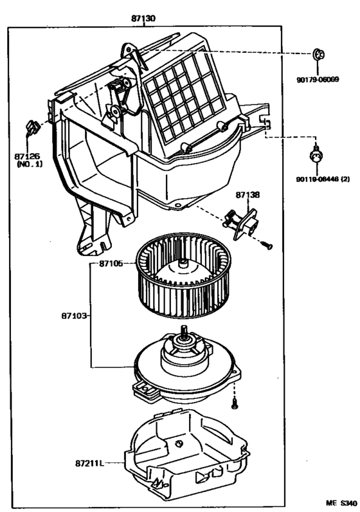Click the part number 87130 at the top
point(143,19)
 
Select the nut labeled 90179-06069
point(318,55)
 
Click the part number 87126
point(28,156)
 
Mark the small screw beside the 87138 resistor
point(267,244)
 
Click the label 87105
point(111,264)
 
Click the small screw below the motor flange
point(234,403)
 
